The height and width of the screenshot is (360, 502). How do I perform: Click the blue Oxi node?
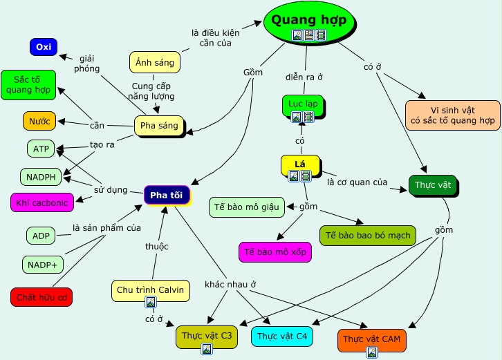point(44,47)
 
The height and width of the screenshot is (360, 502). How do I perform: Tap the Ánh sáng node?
point(155,62)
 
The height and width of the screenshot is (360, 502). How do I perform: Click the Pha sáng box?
point(158,126)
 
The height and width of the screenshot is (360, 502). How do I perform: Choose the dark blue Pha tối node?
point(167,195)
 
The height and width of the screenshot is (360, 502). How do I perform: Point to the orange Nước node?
point(39,121)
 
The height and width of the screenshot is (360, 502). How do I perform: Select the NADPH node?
point(41,177)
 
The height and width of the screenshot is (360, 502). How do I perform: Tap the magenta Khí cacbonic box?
point(42,202)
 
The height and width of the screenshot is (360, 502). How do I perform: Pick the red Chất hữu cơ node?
point(41,297)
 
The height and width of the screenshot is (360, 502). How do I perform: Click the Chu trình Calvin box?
point(150,290)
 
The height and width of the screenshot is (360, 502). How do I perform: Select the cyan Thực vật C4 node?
point(282,337)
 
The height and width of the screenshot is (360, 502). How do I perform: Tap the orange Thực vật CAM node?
point(371,339)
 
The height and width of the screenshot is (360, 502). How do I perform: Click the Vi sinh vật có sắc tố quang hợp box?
point(453,115)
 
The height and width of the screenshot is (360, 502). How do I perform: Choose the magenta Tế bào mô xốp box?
point(275,252)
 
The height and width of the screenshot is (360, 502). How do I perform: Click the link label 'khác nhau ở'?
point(230,284)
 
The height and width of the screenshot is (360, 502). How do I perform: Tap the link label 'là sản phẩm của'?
point(106,227)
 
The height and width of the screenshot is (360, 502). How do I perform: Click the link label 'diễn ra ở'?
point(305,77)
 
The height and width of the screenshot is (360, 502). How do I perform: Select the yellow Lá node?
point(300,164)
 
